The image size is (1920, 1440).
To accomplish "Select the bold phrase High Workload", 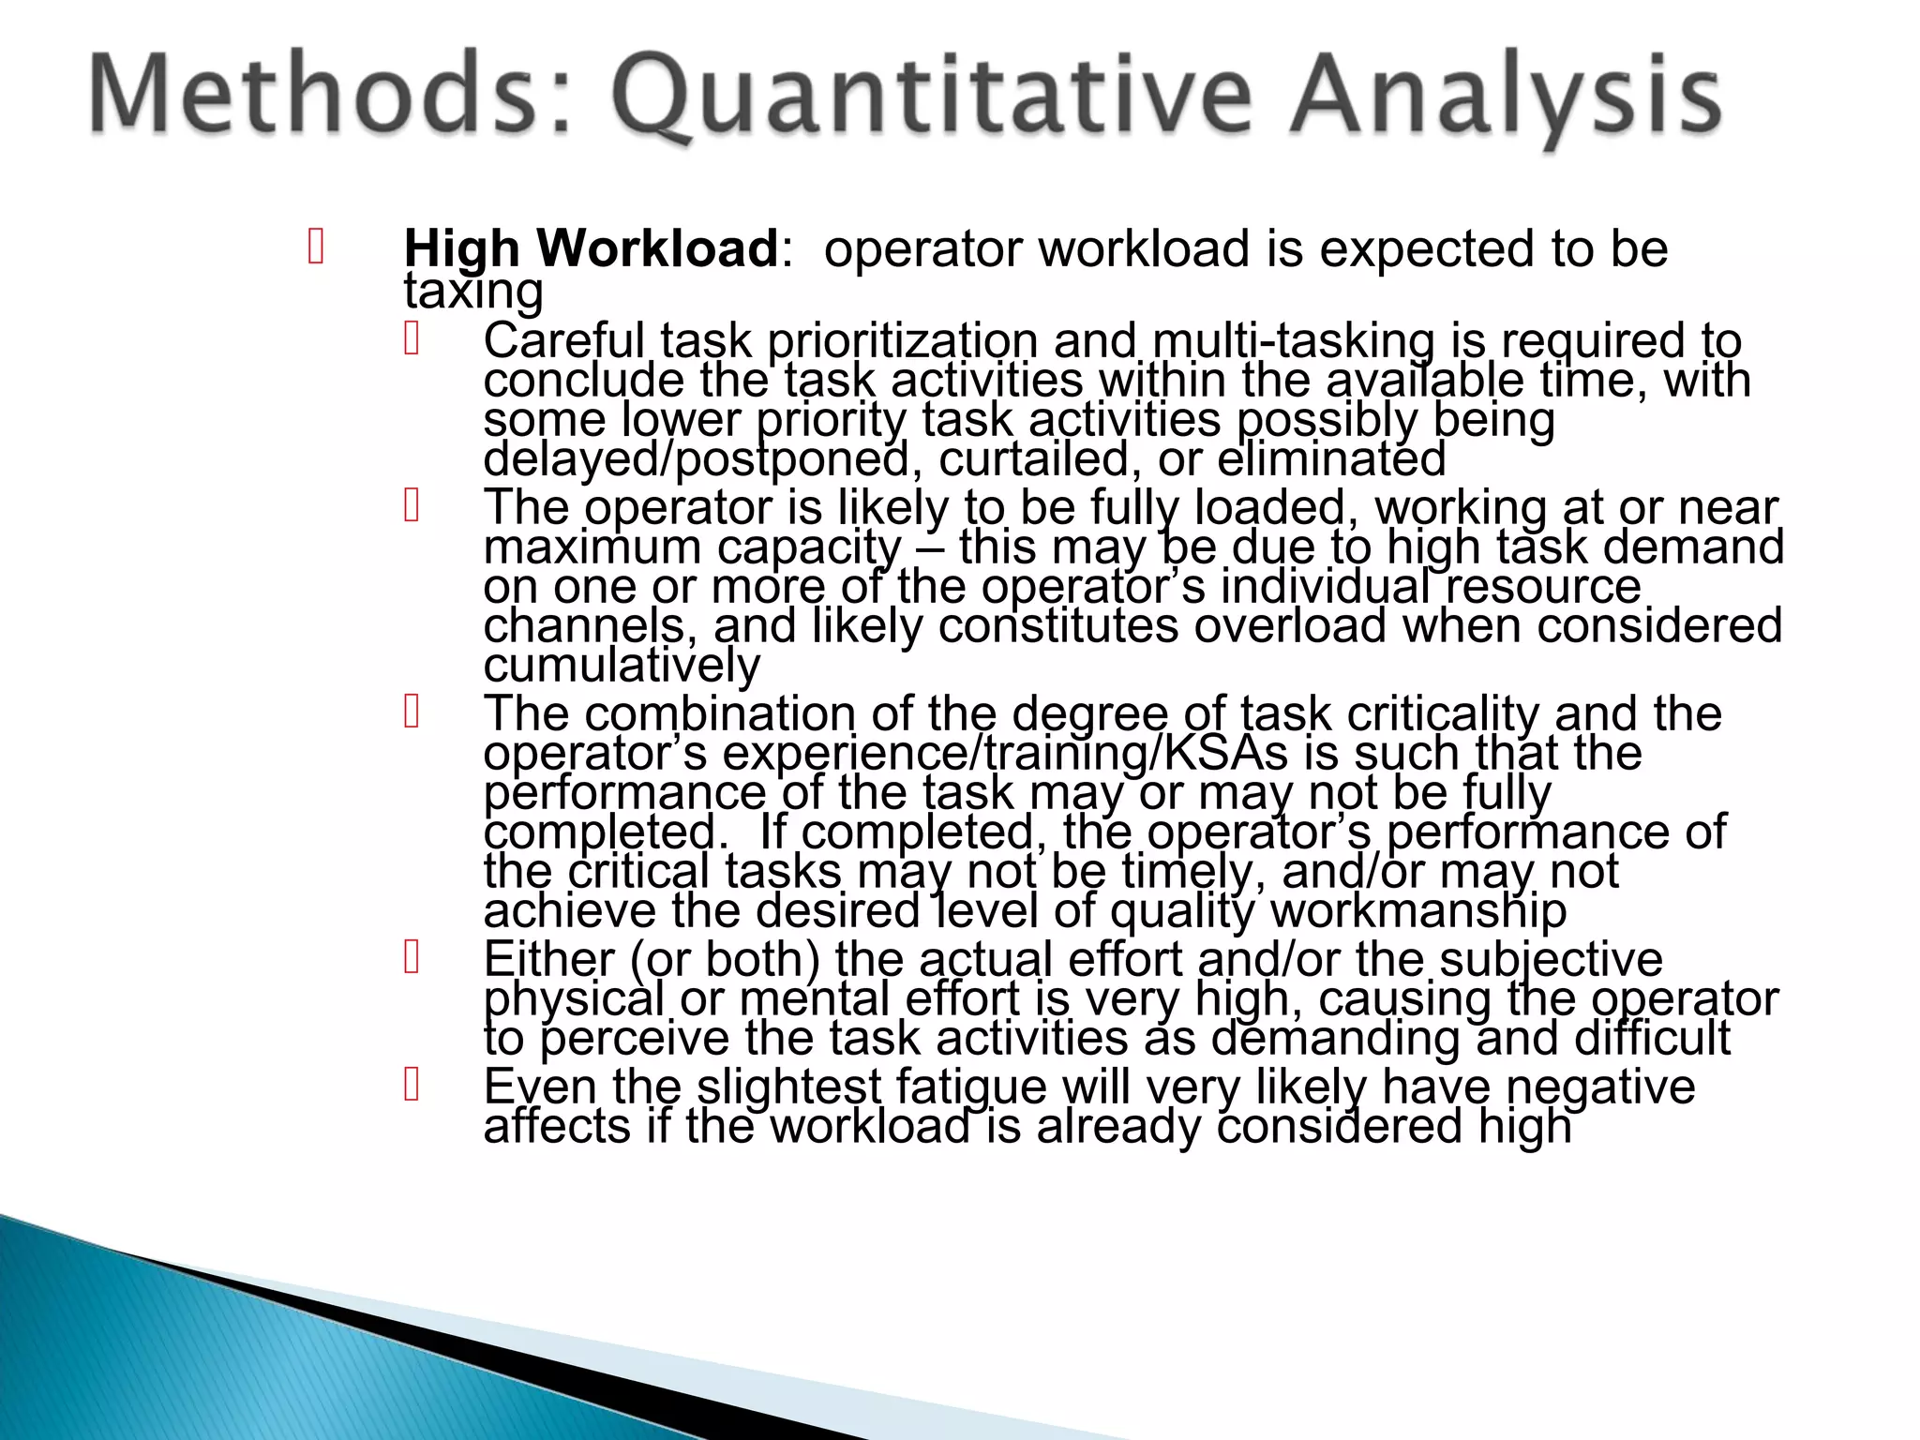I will point(591,248).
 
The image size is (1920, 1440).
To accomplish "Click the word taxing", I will point(473,292).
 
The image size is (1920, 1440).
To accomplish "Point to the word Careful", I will point(563,340).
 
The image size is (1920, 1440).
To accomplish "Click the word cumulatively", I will point(622,666).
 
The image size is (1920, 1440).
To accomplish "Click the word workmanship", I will point(1417,910).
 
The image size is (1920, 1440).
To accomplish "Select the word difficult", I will point(1652,1038).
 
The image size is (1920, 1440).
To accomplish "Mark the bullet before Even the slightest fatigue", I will point(411,1086).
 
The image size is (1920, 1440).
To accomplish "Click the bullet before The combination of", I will point(411,712).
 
